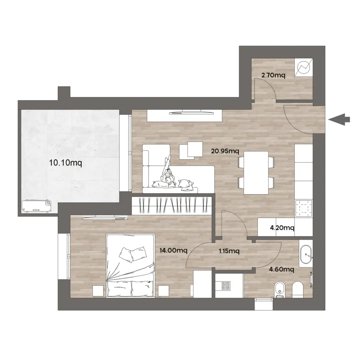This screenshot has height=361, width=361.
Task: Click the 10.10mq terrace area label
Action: tap(66, 163)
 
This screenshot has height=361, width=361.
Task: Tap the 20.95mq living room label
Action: tap(225, 151)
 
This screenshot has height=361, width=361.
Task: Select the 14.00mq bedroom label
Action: tap(173, 250)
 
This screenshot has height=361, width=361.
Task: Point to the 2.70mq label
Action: tap(273, 75)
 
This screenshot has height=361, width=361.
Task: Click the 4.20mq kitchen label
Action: tap(282, 228)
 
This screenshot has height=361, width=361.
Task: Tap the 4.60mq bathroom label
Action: tap(281, 269)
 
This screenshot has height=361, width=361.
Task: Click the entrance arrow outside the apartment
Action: tap(339, 119)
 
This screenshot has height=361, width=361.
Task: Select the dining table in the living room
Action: tap(256, 173)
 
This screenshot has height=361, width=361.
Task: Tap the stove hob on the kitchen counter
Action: tap(304, 208)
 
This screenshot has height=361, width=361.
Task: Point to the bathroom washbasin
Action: tap(306, 255)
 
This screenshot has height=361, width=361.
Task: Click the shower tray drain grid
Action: tap(226, 286)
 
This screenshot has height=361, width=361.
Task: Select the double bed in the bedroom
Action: tap(130, 265)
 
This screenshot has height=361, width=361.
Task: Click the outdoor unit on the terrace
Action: tap(36, 206)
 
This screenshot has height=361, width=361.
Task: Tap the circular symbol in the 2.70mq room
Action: tap(304, 67)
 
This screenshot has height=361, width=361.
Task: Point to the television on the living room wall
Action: tap(192, 113)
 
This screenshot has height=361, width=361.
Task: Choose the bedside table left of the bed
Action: tap(98, 291)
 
